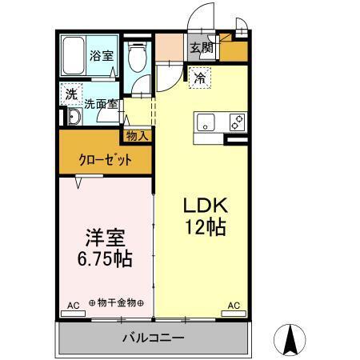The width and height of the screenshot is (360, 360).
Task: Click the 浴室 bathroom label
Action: tap(102, 56)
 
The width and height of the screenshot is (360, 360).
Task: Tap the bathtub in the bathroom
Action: tap(74, 57)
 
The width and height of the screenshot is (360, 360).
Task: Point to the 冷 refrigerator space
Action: tap(199, 78)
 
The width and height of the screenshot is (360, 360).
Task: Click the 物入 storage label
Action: tap(138, 135)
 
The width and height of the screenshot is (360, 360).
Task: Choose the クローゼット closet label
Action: tap(105, 159)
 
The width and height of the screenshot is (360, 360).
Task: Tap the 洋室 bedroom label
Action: tap(104, 239)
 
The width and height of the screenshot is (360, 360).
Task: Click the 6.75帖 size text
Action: tap(105, 260)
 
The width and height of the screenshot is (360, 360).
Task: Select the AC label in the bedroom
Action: tap(72, 305)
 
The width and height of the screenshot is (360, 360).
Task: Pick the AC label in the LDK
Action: tap(234, 305)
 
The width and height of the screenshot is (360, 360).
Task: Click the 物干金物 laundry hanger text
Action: tap(116, 303)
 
